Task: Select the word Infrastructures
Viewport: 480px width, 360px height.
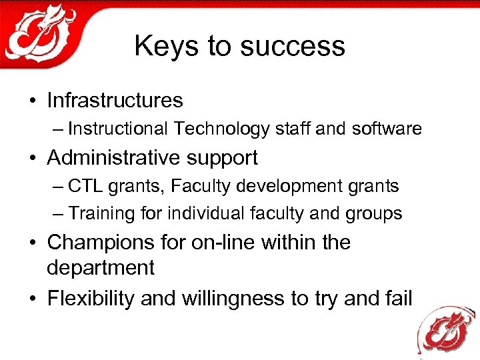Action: tap(115, 101)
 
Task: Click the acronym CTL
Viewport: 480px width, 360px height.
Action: tap(85, 186)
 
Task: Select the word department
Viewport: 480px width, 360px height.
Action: tap(100, 269)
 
